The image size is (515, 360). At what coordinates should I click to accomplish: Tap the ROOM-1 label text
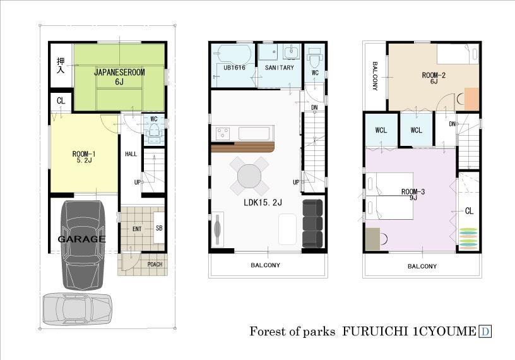[83, 153]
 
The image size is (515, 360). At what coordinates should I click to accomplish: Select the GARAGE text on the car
[82, 239]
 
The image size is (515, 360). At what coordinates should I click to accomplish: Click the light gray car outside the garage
[76, 310]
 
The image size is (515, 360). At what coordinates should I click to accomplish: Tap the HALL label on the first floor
[131, 153]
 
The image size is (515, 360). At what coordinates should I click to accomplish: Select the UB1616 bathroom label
[234, 67]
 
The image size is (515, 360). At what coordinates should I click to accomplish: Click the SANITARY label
[280, 67]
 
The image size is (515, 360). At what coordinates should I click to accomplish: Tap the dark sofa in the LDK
[312, 224]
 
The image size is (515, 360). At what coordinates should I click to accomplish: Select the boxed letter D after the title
[486, 331]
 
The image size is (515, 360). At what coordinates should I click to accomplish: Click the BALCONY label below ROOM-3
[422, 266]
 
